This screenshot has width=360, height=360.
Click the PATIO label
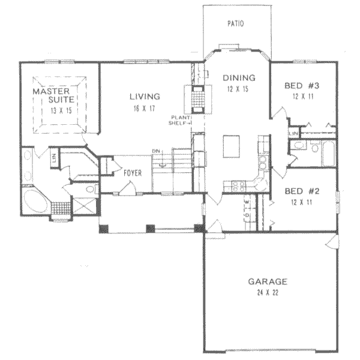[x=236, y=24]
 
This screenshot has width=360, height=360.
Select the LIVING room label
[x=145, y=96]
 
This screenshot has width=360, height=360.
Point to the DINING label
[x=239, y=77]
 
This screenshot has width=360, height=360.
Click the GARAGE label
[x=268, y=281]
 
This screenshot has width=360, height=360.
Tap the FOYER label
[x=133, y=173]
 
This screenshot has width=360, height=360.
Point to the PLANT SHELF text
[x=180, y=120]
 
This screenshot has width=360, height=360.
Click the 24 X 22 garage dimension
[x=268, y=293]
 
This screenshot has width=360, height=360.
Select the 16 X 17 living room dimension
[x=145, y=108]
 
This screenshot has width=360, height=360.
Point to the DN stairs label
[x=155, y=151]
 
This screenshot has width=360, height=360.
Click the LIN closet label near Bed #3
[x=293, y=133]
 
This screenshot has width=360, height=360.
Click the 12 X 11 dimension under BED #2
[x=301, y=202]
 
